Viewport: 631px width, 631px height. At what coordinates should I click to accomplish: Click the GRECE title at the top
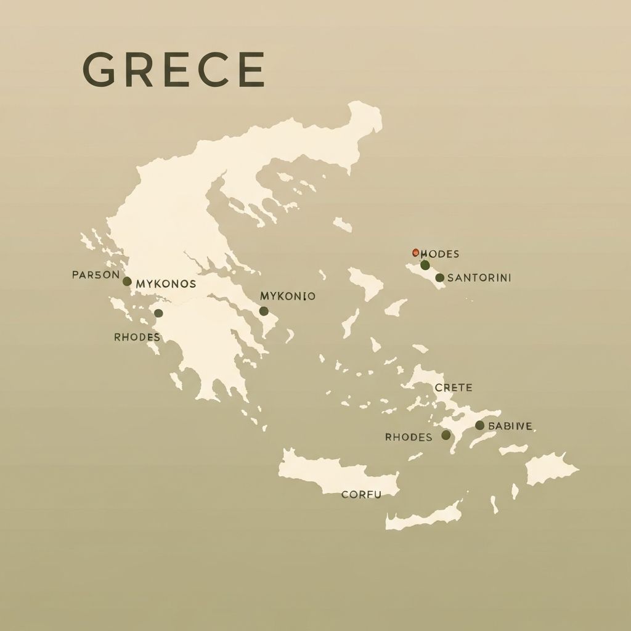(173, 69)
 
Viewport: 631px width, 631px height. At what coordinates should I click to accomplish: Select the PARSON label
(96, 275)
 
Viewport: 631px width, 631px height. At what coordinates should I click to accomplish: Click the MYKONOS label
(166, 284)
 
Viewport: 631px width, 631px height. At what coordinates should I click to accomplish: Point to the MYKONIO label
(288, 296)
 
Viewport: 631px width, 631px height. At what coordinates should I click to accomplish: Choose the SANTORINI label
(479, 278)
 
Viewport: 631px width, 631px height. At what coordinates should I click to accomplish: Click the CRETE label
(454, 388)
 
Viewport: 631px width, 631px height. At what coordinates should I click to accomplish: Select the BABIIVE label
(510, 426)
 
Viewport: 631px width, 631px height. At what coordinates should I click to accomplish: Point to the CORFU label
(361, 494)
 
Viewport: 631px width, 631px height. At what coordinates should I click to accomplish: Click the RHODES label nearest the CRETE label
(409, 437)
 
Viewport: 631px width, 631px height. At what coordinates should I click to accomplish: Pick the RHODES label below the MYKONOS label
(137, 337)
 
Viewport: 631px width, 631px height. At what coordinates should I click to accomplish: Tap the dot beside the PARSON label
(127, 282)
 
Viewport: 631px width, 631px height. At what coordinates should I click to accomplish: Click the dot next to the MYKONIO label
(264, 311)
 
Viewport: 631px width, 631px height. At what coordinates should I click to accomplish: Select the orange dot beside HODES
(415, 252)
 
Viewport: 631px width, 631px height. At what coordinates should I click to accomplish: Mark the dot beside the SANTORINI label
(439, 278)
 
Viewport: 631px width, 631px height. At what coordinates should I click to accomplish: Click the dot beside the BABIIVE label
(479, 425)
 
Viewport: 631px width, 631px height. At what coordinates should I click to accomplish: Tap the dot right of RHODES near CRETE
(446, 435)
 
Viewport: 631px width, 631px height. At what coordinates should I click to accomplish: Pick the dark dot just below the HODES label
(425, 265)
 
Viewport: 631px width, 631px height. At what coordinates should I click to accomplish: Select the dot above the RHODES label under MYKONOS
(158, 313)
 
